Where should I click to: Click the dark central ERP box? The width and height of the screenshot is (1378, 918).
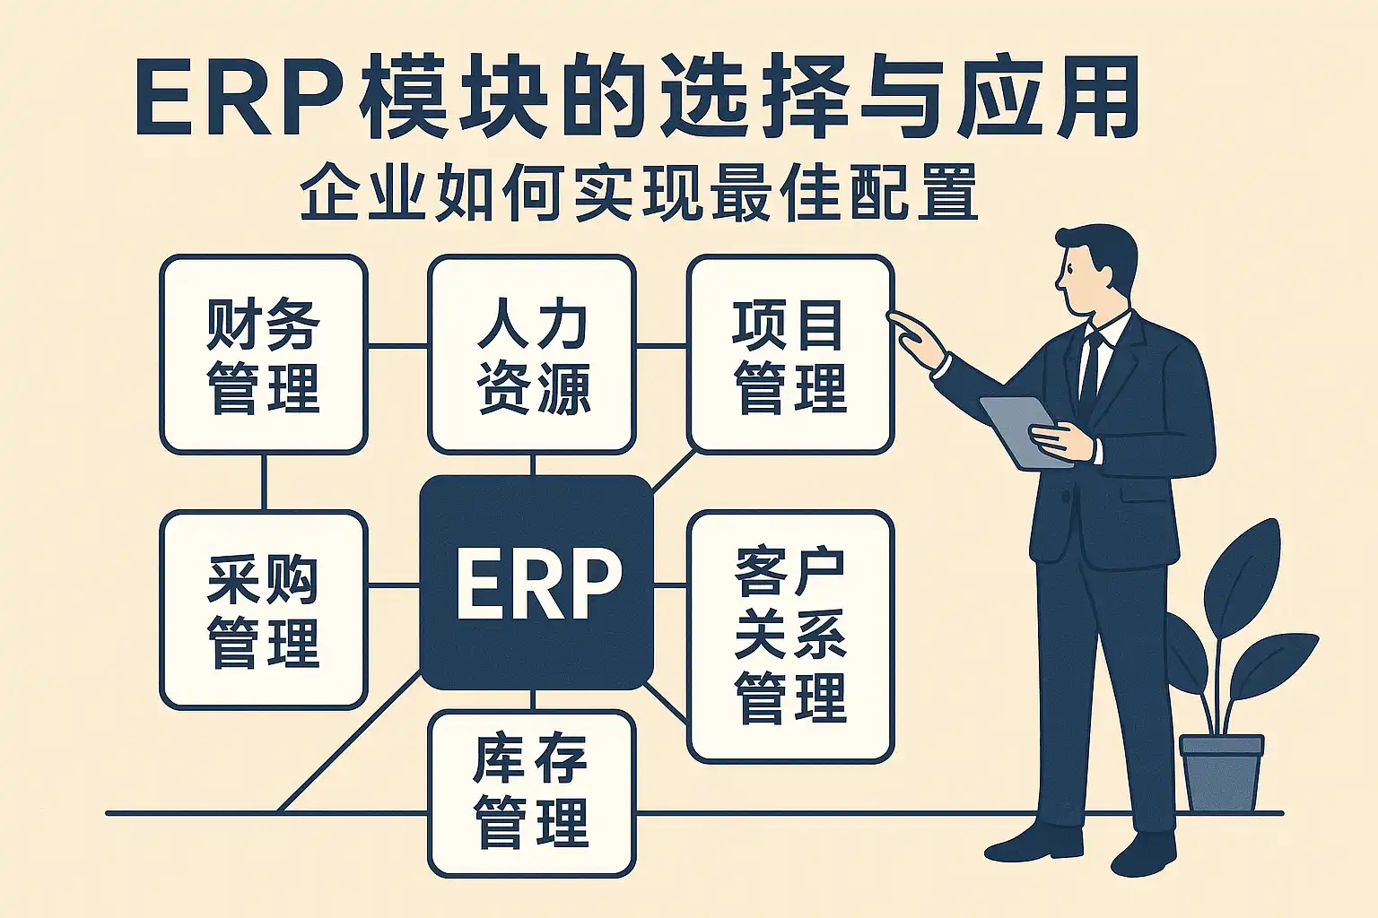[x=536, y=583]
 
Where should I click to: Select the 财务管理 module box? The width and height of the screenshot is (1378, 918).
[x=263, y=355]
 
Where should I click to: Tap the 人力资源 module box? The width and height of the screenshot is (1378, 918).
[x=532, y=355]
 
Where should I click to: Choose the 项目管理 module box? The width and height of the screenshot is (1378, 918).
[x=789, y=355]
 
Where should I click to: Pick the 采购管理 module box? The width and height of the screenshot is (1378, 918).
[x=263, y=610]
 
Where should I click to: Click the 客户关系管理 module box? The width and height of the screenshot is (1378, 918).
[x=789, y=637]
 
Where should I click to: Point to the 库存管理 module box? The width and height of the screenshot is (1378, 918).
[x=532, y=793]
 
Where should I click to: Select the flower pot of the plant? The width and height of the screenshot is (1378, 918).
[x=1221, y=771]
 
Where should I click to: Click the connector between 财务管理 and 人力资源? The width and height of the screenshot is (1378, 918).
[x=397, y=345]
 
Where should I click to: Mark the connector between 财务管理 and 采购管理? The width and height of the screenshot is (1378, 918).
[x=264, y=482]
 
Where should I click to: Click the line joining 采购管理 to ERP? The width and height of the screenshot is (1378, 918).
[x=394, y=585]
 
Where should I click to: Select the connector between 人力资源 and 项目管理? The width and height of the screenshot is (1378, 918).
[x=661, y=345]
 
